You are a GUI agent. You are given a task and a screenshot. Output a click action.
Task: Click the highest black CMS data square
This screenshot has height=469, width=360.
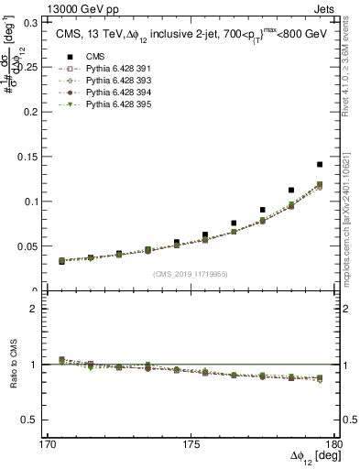click(x=320, y=165)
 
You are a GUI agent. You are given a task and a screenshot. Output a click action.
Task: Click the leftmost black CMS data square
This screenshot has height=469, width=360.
click(x=61, y=260)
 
